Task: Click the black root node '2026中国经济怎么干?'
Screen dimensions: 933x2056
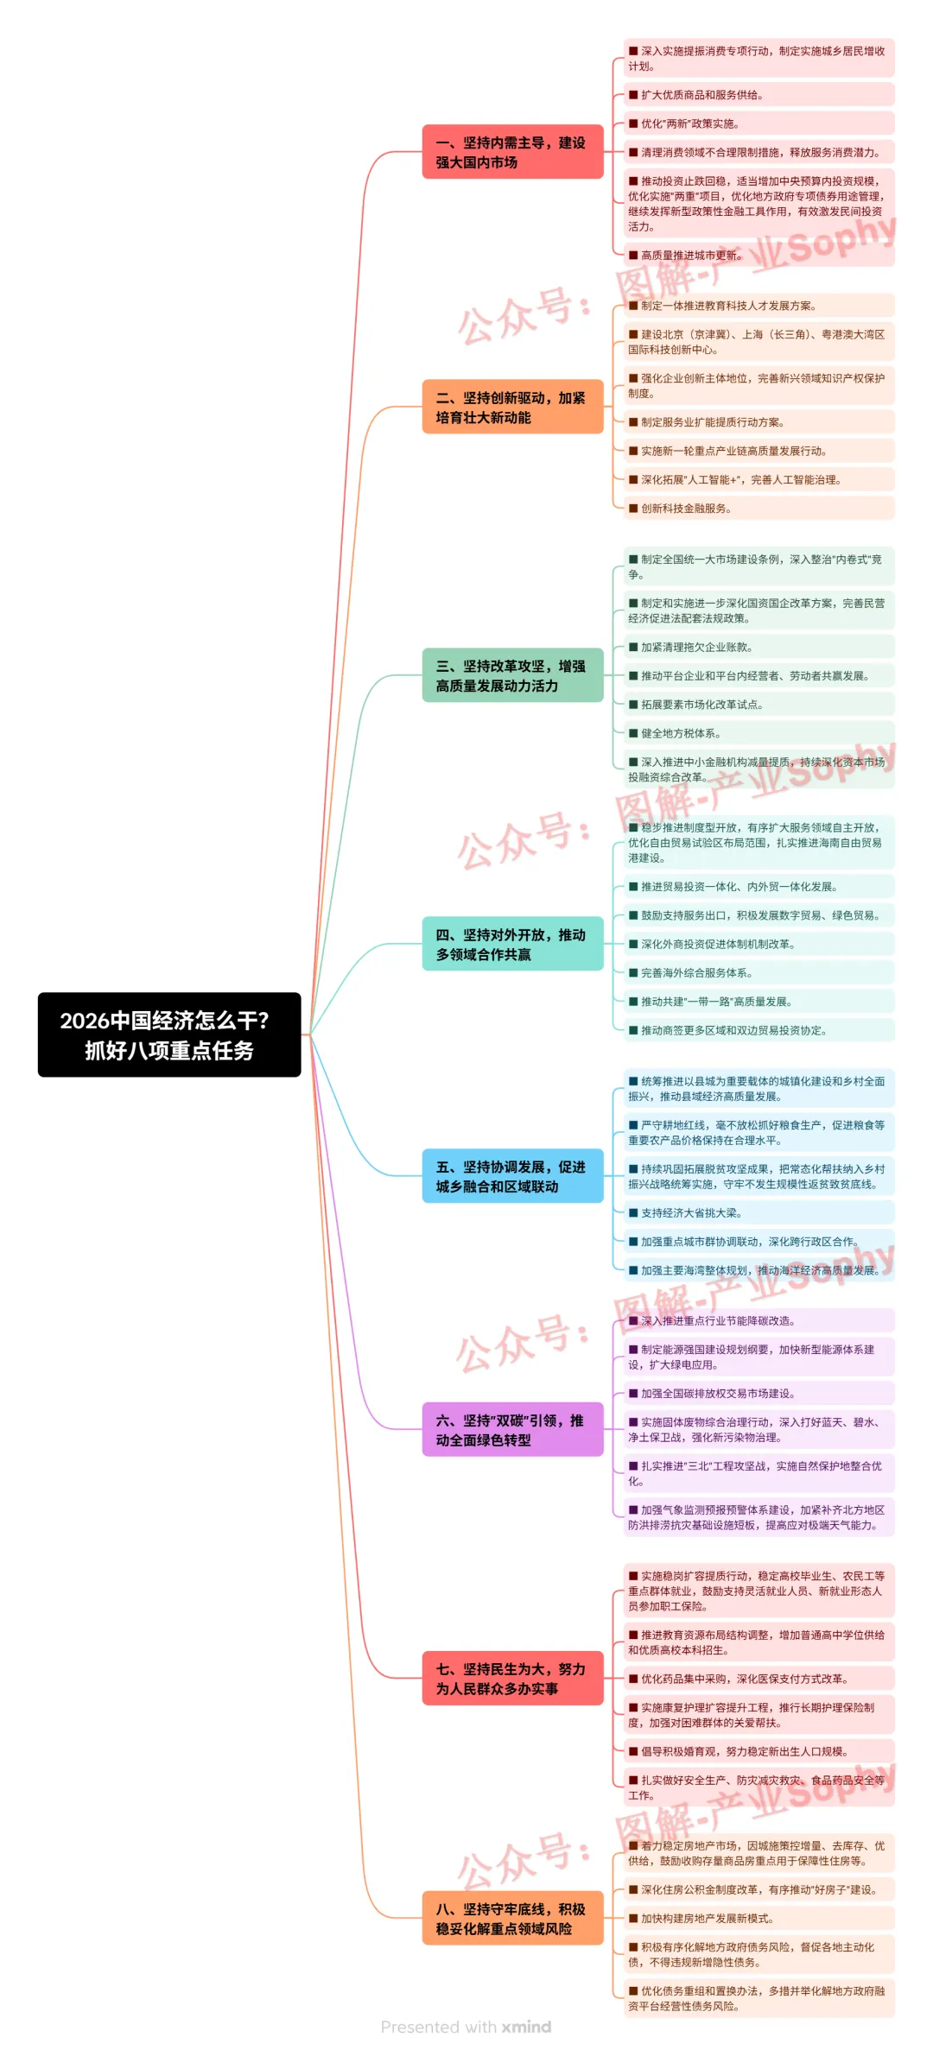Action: coord(169,1034)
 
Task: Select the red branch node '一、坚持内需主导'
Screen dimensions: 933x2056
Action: coord(512,152)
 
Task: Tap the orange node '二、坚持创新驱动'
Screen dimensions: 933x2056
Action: coord(512,407)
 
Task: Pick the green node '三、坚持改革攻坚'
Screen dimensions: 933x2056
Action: coord(512,675)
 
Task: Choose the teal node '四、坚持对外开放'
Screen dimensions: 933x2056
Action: coord(512,944)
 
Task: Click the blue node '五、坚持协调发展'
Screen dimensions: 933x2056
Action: coord(512,1176)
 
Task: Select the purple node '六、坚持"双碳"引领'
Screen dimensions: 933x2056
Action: coord(512,1430)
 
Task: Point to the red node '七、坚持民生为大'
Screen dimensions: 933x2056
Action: coord(512,1679)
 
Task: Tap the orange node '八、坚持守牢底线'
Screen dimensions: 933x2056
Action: coord(512,1919)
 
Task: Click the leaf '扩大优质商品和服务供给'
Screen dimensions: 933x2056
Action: coord(701,95)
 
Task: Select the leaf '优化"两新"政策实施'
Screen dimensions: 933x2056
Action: coord(689,123)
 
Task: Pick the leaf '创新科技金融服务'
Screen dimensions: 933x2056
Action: coord(686,509)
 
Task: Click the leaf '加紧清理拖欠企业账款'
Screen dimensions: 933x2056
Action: coord(696,647)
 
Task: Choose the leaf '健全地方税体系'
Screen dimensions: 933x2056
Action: coord(681,733)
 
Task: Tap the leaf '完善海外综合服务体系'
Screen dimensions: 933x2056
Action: coord(696,973)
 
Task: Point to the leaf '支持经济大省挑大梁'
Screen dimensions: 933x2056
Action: coord(691,1213)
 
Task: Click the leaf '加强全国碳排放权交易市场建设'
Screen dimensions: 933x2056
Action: coord(717,1394)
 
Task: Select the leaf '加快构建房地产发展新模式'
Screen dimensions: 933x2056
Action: coord(707,1919)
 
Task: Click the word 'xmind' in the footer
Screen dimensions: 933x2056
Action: coord(526,2027)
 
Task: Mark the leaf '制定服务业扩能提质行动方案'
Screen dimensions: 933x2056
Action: coord(712,422)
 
